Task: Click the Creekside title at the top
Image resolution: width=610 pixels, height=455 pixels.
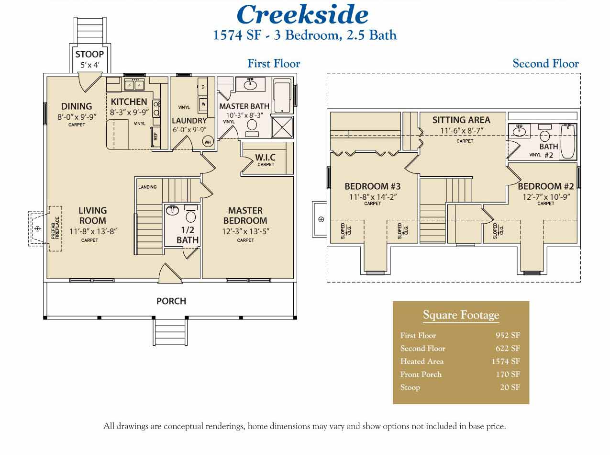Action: click(302, 14)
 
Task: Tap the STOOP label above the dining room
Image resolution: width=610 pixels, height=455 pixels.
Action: click(89, 54)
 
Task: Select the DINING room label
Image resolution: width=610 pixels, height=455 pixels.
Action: click(77, 106)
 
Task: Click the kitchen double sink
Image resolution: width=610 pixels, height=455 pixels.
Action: click(134, 85)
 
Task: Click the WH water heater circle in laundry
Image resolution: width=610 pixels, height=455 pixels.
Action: click(208, 142)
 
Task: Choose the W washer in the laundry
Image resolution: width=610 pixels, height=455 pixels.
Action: click(203, 103)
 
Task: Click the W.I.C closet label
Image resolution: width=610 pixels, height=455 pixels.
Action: click(265, 157)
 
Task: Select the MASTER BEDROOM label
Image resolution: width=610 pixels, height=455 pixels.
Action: click(245, 216)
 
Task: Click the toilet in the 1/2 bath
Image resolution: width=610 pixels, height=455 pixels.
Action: click(190, 214)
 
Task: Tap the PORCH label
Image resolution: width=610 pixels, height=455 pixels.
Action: click(171, 301)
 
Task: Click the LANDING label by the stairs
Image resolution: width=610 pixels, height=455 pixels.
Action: click(147, 187)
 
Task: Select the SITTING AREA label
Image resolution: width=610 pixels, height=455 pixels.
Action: click(461, 120)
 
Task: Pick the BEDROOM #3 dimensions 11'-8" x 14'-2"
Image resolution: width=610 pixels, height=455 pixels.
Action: click(372, 196)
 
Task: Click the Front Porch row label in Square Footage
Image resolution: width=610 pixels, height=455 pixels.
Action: click(421, 374)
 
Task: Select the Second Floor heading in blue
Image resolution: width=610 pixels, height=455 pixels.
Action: click(545, 64)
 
